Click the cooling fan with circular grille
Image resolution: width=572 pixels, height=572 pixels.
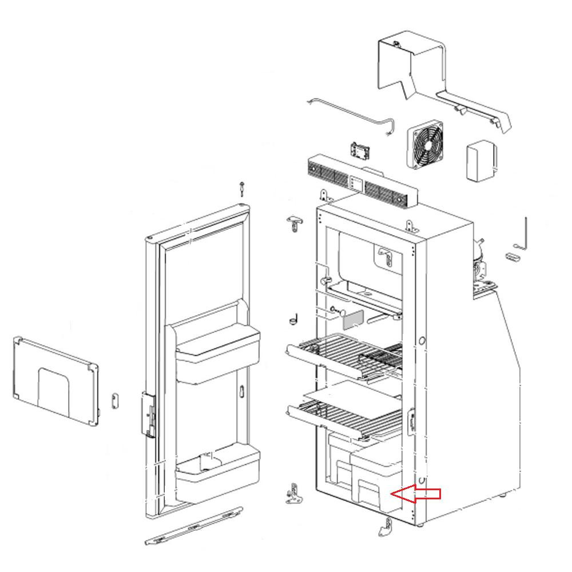click(426, 146)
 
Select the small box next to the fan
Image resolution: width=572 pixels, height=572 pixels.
click(481, 161)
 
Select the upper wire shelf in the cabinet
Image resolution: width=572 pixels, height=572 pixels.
click(343, 355)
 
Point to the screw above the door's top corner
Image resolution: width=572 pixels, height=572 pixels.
click(243, 189)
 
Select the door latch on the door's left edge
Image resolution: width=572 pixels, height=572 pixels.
click(149, 415)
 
